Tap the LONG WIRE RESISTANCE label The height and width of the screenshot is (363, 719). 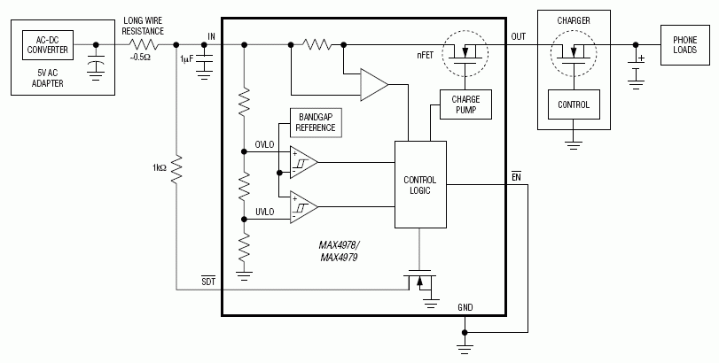click(x=144, y=25)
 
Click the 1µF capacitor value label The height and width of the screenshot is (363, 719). click(x=186, y=58)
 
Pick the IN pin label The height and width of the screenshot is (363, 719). click(x=211, y=36)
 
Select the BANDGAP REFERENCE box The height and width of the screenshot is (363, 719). click(x=317, y=122)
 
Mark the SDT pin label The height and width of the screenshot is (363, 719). click(x=209, y=282)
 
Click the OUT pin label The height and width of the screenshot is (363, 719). click(x=519, y=36)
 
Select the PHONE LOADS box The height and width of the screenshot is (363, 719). click(x=684, y=44)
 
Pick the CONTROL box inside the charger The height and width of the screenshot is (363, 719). click(x=574, y=104)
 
